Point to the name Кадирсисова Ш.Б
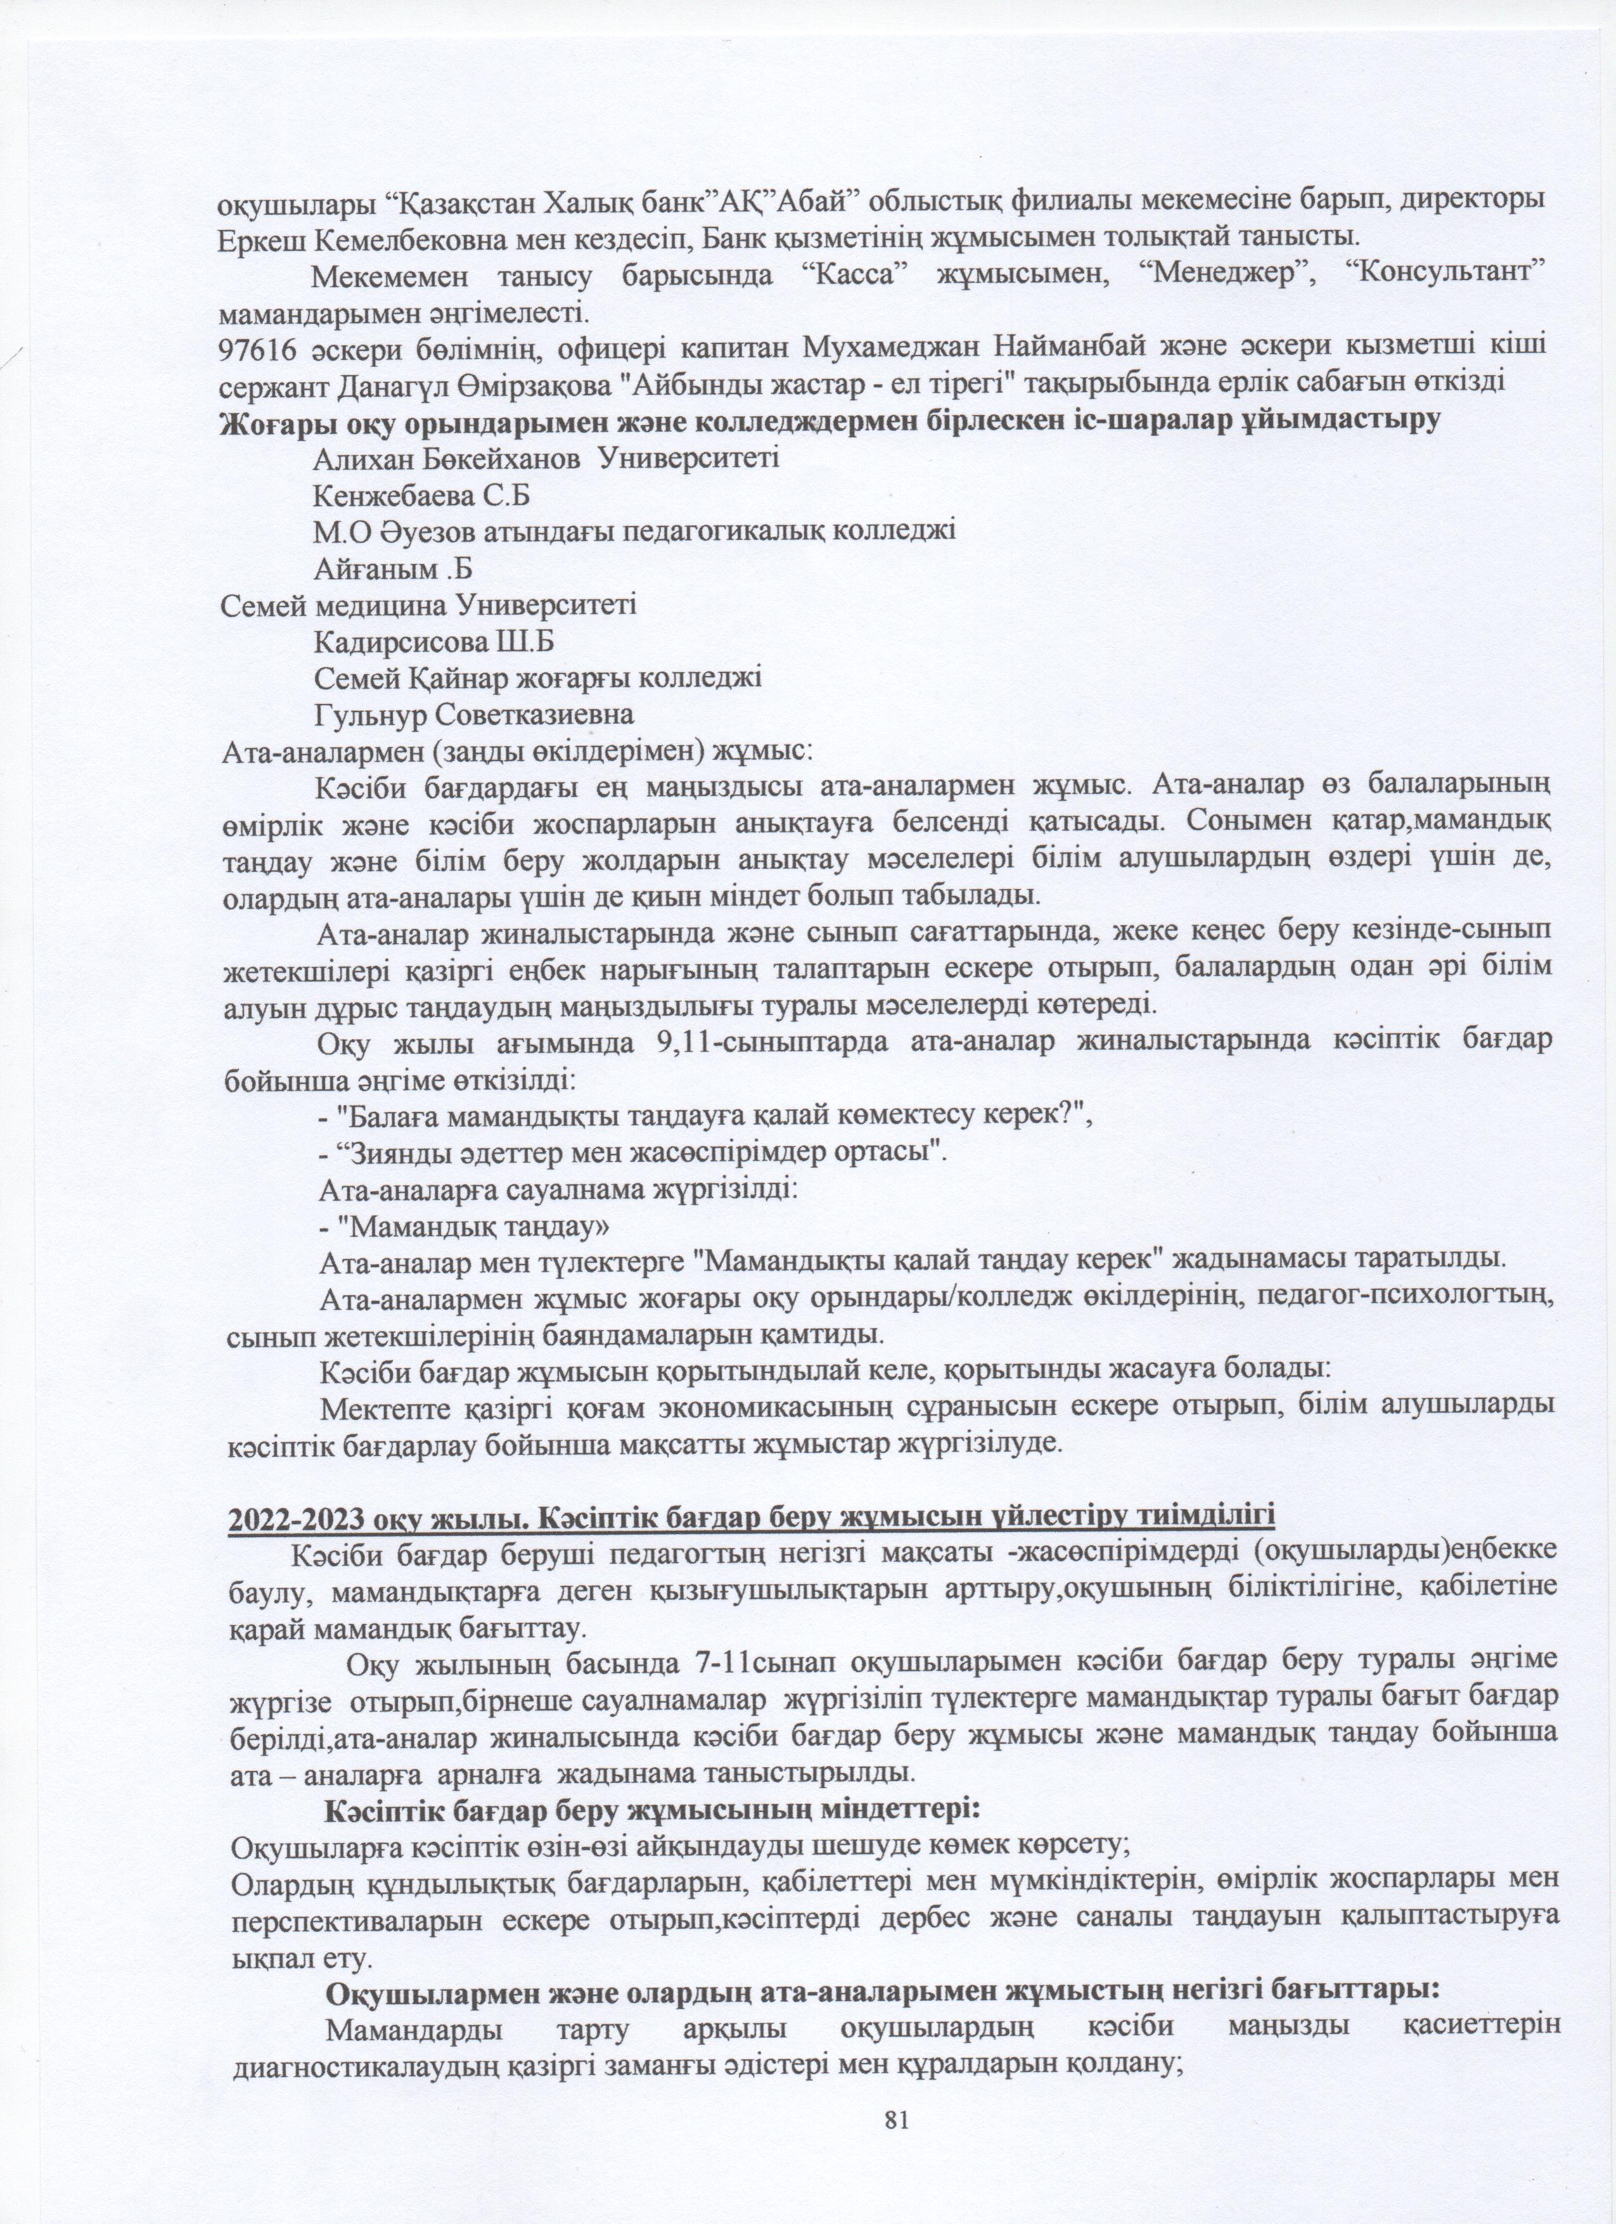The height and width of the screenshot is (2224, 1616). pyautogui.click(x=434, y=642)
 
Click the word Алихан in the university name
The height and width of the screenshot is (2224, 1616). pyautogui.click(x=361, y=458)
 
